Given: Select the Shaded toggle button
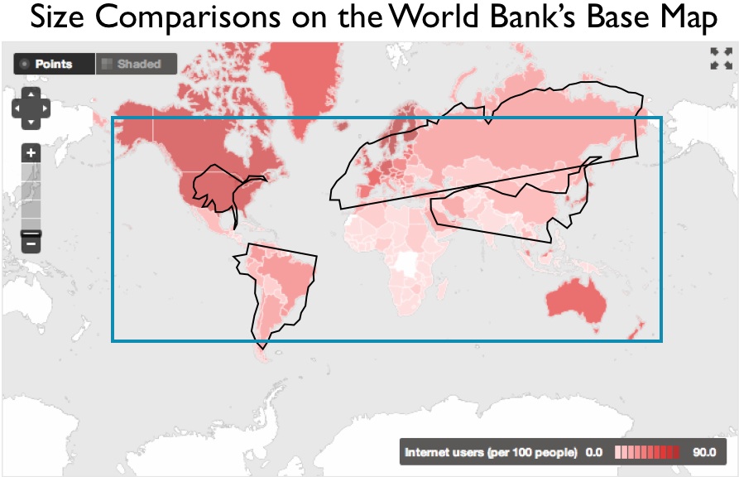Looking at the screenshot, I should [x=136, y=64].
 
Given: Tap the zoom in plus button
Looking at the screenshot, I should [x=31, y=153].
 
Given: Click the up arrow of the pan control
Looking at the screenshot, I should [x=31, y=94].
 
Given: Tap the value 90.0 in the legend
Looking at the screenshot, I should [x=704, y=452].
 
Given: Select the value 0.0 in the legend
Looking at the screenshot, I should [x=593, y=452].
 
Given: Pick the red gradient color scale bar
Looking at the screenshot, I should [x=648, y=452].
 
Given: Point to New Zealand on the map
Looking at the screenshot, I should [x=632, y=332].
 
